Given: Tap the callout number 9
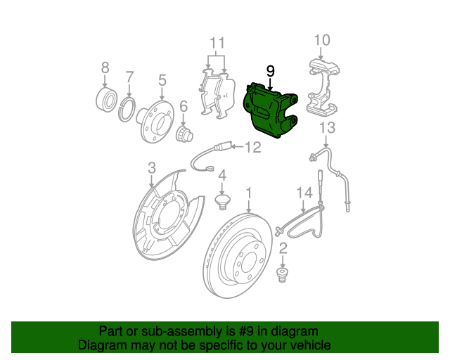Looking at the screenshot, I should click(271, 71).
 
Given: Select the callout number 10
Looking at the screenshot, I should click(321, 39).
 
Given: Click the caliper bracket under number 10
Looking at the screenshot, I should click(323, 88).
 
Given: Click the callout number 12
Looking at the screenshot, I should click(252, 147).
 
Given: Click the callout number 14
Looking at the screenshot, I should click(304, 192).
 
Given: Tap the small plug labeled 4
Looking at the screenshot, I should click(221, 202).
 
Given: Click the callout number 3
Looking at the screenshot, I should click(151, 167).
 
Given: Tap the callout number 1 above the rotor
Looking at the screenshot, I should click(248, 192).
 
